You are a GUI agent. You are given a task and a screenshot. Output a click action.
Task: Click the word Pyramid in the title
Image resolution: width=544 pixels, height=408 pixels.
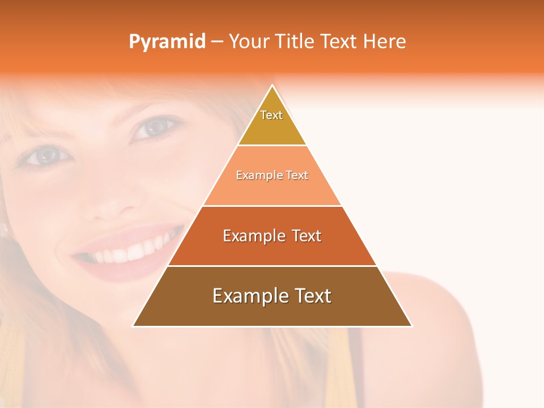[x=167, y=42]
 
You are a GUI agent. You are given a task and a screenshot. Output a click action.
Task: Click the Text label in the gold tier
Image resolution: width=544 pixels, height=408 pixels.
[x=271, y=115]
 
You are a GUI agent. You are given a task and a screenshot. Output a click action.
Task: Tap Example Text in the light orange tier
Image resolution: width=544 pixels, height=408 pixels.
[x=272, y=176]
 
